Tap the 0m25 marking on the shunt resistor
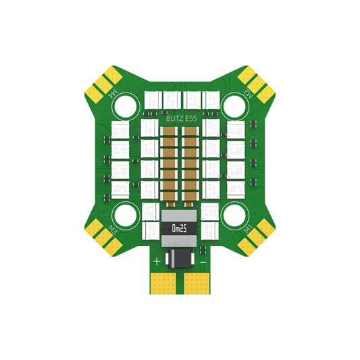(x=180, y=228)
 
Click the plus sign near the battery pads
(x=157, y=261)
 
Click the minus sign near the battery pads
(x=202, y=261)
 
